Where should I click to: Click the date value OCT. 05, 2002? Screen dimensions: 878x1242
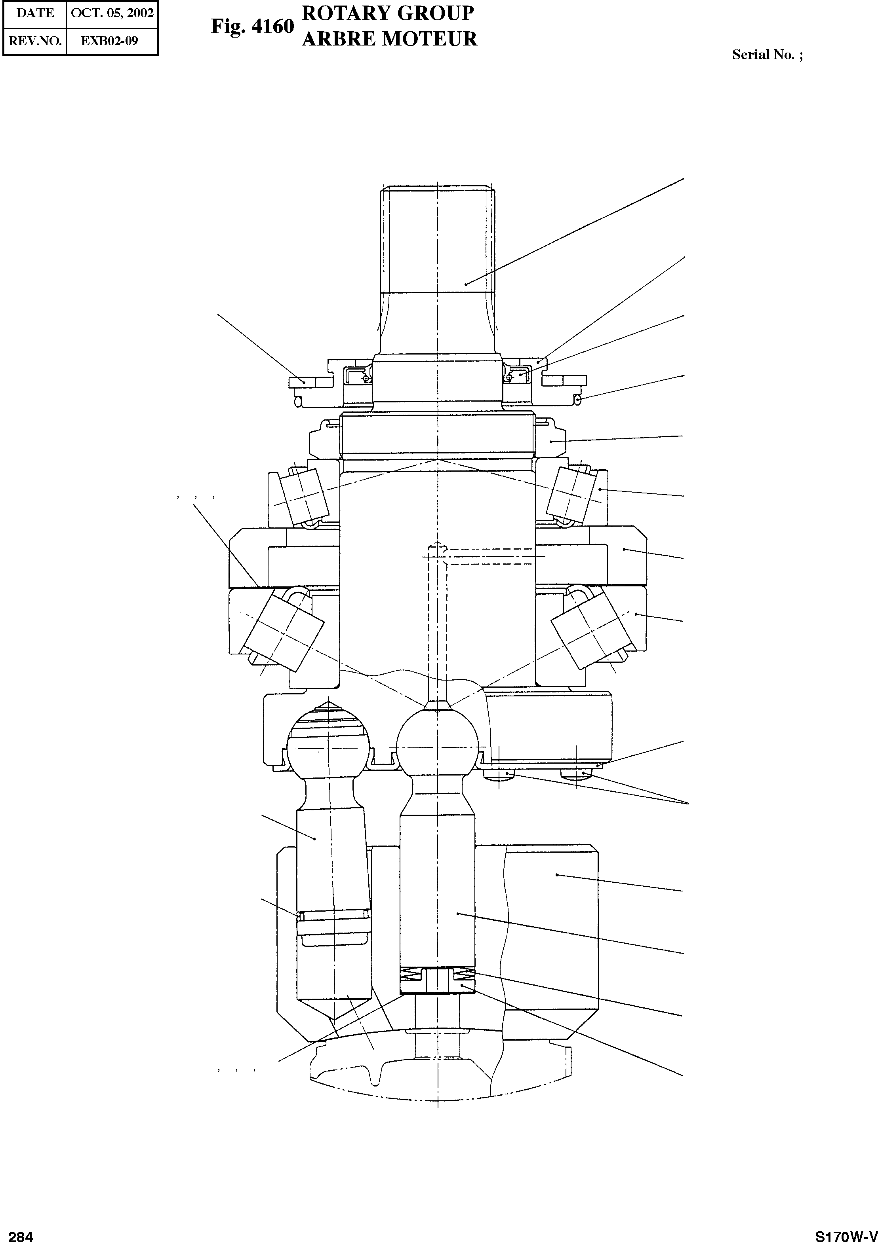pos(112,13)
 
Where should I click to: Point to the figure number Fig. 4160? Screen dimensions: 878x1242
pos(252,27)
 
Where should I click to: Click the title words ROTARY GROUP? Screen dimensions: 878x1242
pos(388,13)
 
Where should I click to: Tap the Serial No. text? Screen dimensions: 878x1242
pos(767,55)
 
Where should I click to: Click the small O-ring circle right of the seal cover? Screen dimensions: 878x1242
pos(577,400)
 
